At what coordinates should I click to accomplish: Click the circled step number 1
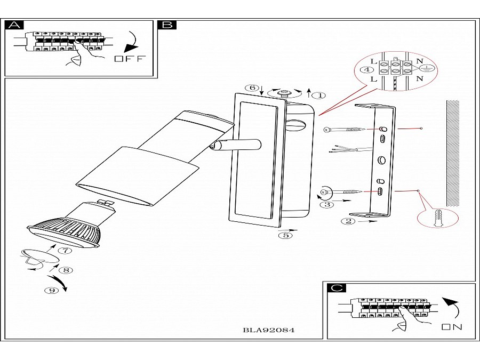pyautogui.click(x=318, y=95)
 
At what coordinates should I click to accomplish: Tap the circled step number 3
pyautogui.click(x=329, y=204)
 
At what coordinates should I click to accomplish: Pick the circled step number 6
pyautogui.click(x=254, y=88)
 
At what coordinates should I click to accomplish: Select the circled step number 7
pyautogui.click(x=65, y=250)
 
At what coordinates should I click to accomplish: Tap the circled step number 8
pyautogui.click(x=65, y=270)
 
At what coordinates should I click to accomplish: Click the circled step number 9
pyautogui.click(x=52, y=290)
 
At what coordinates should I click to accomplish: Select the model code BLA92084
pyautogui.click(x=268, y=330)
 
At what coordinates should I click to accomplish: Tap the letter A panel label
pyautogui.click(x=15, y=25)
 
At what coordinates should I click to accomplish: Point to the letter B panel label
pyautogui.click(x=167, y=25)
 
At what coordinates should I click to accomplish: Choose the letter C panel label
pyautogui.click(x=336, y=289)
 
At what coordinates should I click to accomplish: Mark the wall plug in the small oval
pyautogui.click(x=439, y=218)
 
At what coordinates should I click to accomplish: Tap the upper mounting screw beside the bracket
pyautogui.click(x=346, y=130)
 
